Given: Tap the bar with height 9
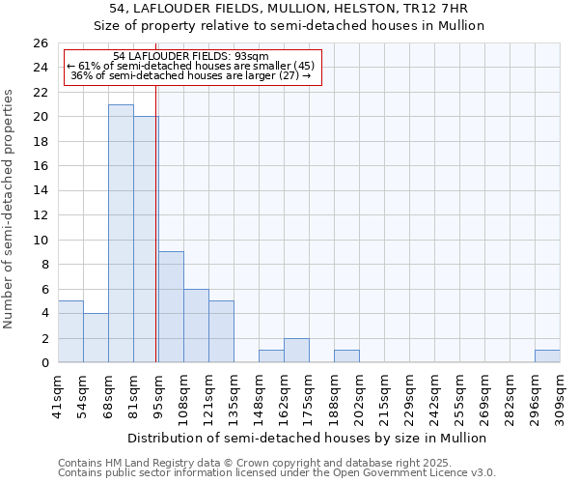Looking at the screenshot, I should click(171, 307).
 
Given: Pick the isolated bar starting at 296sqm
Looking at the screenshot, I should click(547, 356).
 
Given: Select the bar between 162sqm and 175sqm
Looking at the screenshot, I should click(296, 351).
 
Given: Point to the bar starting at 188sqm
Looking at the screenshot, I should click(346, 356).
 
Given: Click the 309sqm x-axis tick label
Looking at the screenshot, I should click(560, 396).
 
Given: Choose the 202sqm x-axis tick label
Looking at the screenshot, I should click(359, 396).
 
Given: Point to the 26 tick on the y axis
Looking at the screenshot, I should click(41, 43).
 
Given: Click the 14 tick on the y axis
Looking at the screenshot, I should click(41, 191).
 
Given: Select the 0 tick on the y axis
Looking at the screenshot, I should click(44, 363).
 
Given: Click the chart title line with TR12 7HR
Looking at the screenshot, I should click(289, 9).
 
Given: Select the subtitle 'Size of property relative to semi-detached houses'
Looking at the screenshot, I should click(289, 26).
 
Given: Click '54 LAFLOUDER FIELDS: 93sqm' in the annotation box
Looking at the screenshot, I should click(190, 57).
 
